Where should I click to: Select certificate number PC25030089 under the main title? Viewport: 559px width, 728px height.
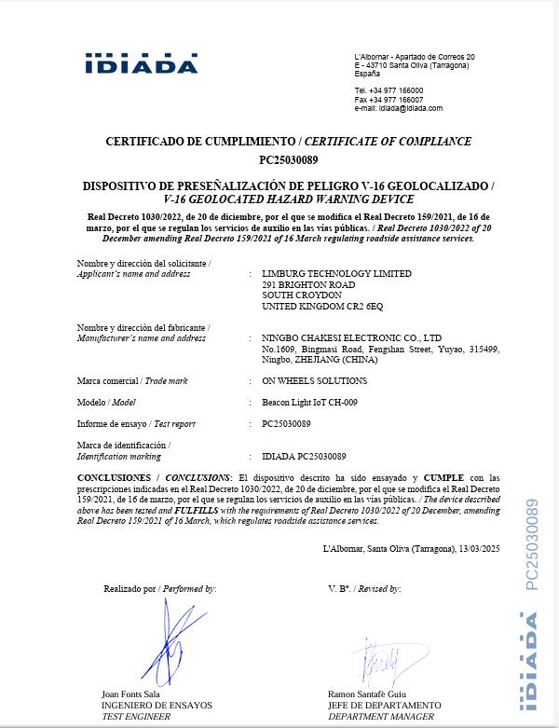[288, 159]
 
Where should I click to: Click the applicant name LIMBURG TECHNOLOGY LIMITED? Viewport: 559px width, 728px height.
[336, 274]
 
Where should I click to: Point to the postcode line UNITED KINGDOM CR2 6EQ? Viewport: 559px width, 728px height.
[322, 306]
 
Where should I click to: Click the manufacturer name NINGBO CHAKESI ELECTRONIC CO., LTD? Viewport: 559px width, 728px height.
[352, 337]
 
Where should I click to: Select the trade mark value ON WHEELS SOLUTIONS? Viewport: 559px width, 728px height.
[315, 381]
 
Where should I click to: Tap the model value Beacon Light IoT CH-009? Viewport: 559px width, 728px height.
[310, 403]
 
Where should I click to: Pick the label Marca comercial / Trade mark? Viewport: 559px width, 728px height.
[132, 381]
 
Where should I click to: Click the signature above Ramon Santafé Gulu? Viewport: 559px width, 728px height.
[383, 662]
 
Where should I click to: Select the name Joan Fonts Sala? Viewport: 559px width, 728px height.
[131, 694]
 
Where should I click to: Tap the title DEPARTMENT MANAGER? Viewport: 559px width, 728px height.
[381, 716]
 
